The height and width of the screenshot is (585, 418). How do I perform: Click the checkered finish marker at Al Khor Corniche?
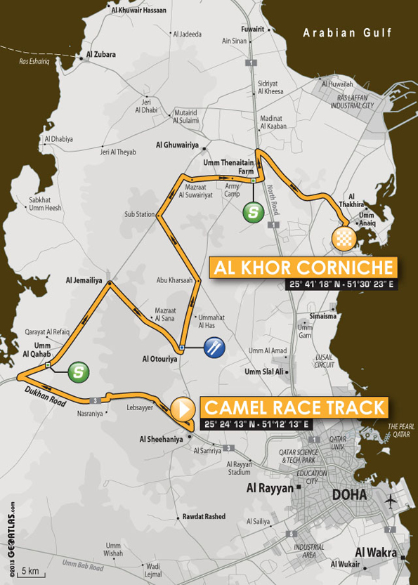342,237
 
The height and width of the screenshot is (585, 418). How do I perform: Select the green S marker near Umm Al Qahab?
78,372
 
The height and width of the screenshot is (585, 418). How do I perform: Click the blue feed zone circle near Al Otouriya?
214,347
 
